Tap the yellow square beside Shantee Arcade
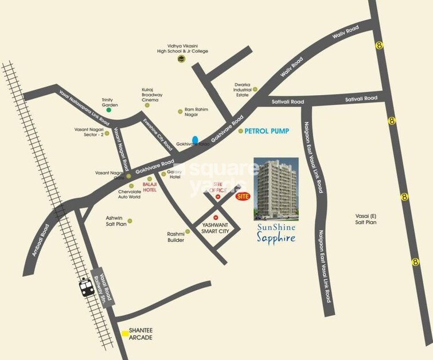(124, 333)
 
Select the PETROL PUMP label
(267, 131)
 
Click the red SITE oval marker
(243, 196)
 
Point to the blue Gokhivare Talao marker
(196, 140)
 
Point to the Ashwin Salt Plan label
(116, 221)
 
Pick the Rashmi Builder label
(175, 237)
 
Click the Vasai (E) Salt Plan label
(365, 218)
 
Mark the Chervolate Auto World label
(129, 194)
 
